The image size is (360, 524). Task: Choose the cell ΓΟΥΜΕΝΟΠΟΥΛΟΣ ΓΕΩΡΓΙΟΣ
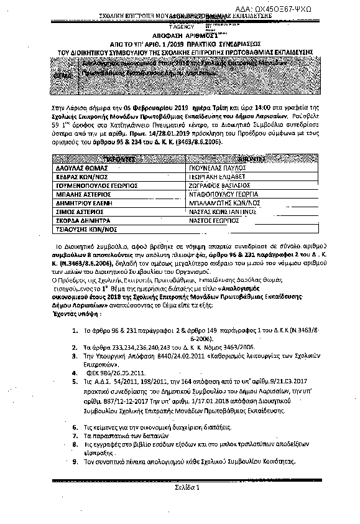[x=88, y=167]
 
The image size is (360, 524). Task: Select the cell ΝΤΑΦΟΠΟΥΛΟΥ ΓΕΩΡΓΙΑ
[x=223, y=176]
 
